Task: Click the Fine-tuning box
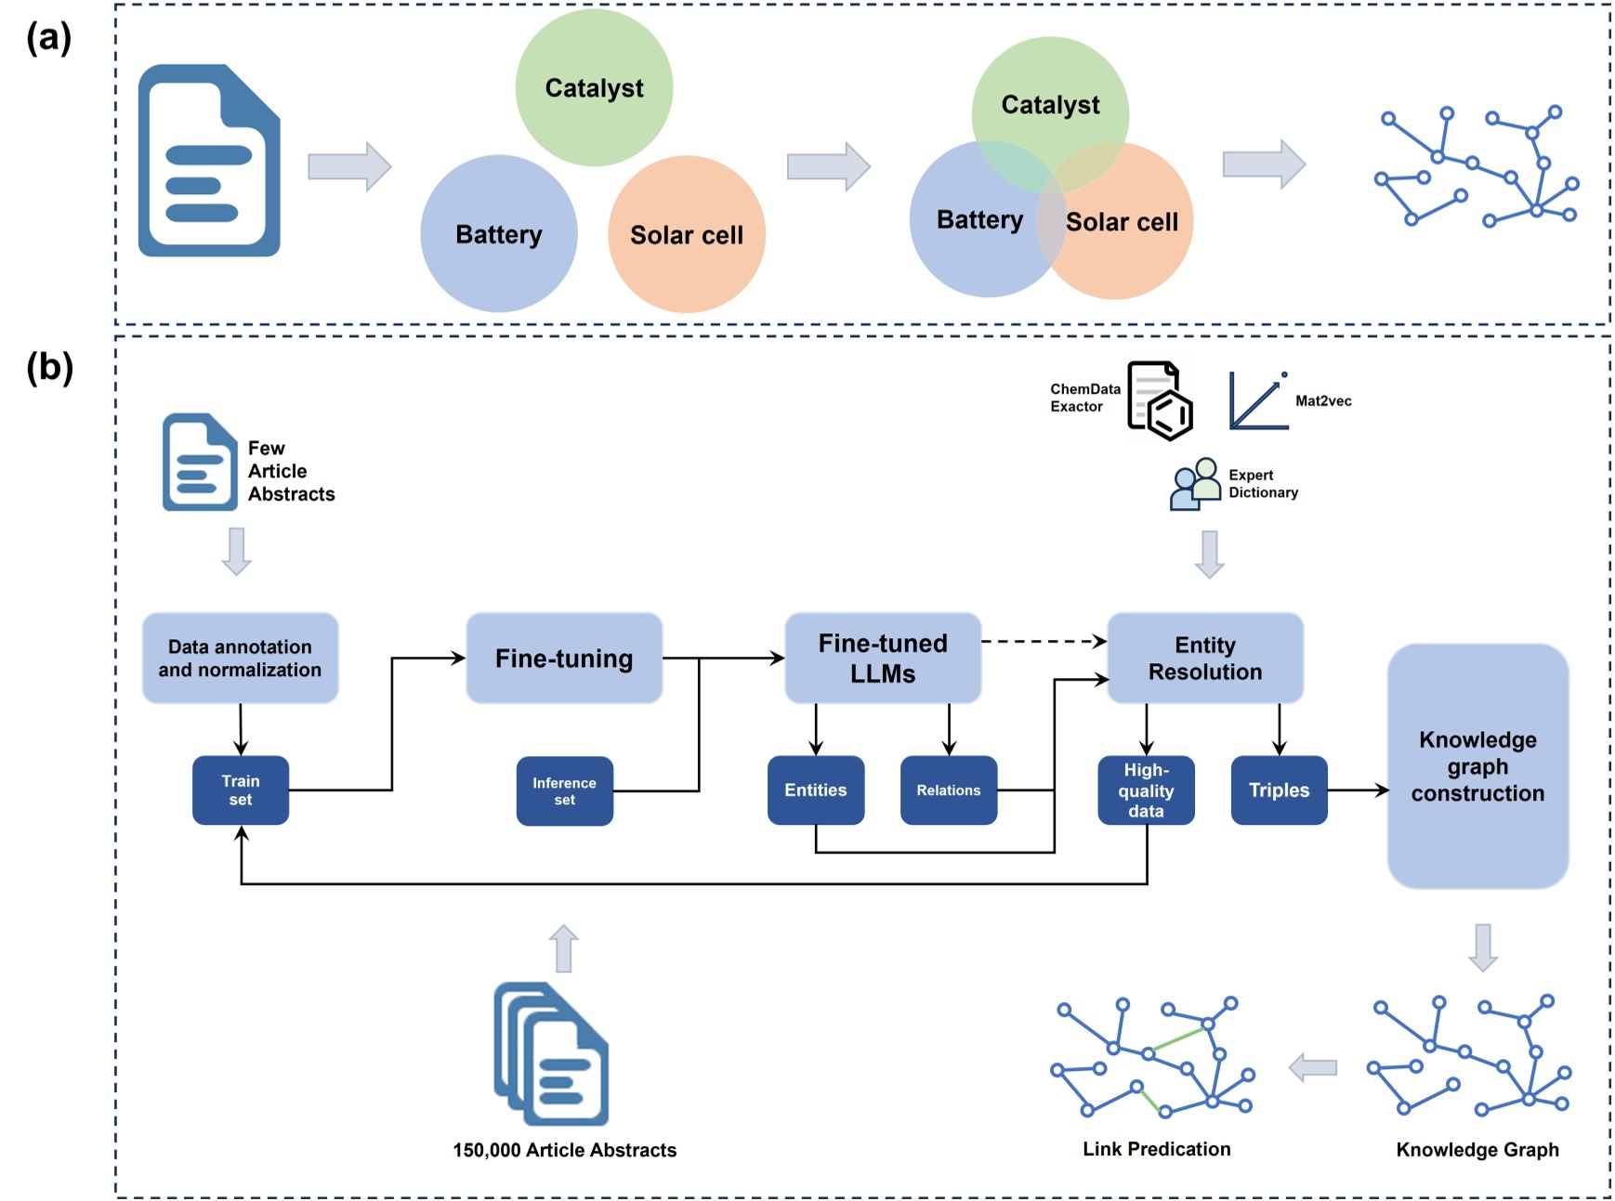pyautogui.click(x=563, y=658)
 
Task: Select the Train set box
pyautogui.click(x=240, y=790)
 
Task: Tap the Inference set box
pyautogui.click(x=564, y=790)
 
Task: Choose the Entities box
pyautogui.click(x=815, y=790)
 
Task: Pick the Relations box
pyautogui.click(x=948, y=790)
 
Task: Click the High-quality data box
pyautogui.click(x=1146, y=790)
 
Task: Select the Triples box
pyautogui.click(x=1279, y=790)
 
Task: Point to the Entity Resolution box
pyautogui.click(x=1205, y=658)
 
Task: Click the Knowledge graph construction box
pyautogui.click(x=1477, y=765)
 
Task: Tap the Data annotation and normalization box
pyautogui.click(x=240, y=658)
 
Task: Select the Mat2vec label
pyautogui.click(x=1323, y=400)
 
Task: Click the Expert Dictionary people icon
pyautogui.click(x=1195, y=484)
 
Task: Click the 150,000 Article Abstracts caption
pyautogui.click(x=564, y=1150)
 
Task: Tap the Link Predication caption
pyautogui.click(x=1156, y=1149)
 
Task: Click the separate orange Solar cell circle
pyautogui.click(x=686, y=234)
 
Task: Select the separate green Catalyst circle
pyautogui.click(x=594, y=87)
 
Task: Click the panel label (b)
pyautogui.click(x=49, y=367)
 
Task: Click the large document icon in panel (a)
pyautogui.click(x=209, y=160)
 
